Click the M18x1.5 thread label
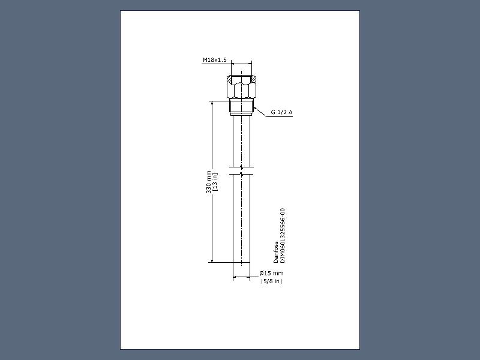coord(215,60)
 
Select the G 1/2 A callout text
coord(281,112)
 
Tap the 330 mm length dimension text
coord(208,182)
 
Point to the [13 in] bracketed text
coord(215,182)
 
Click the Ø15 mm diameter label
coord(271,273)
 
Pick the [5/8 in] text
coord(271,281)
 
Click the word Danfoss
coord(276,252)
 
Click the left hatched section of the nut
coord(230,79)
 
